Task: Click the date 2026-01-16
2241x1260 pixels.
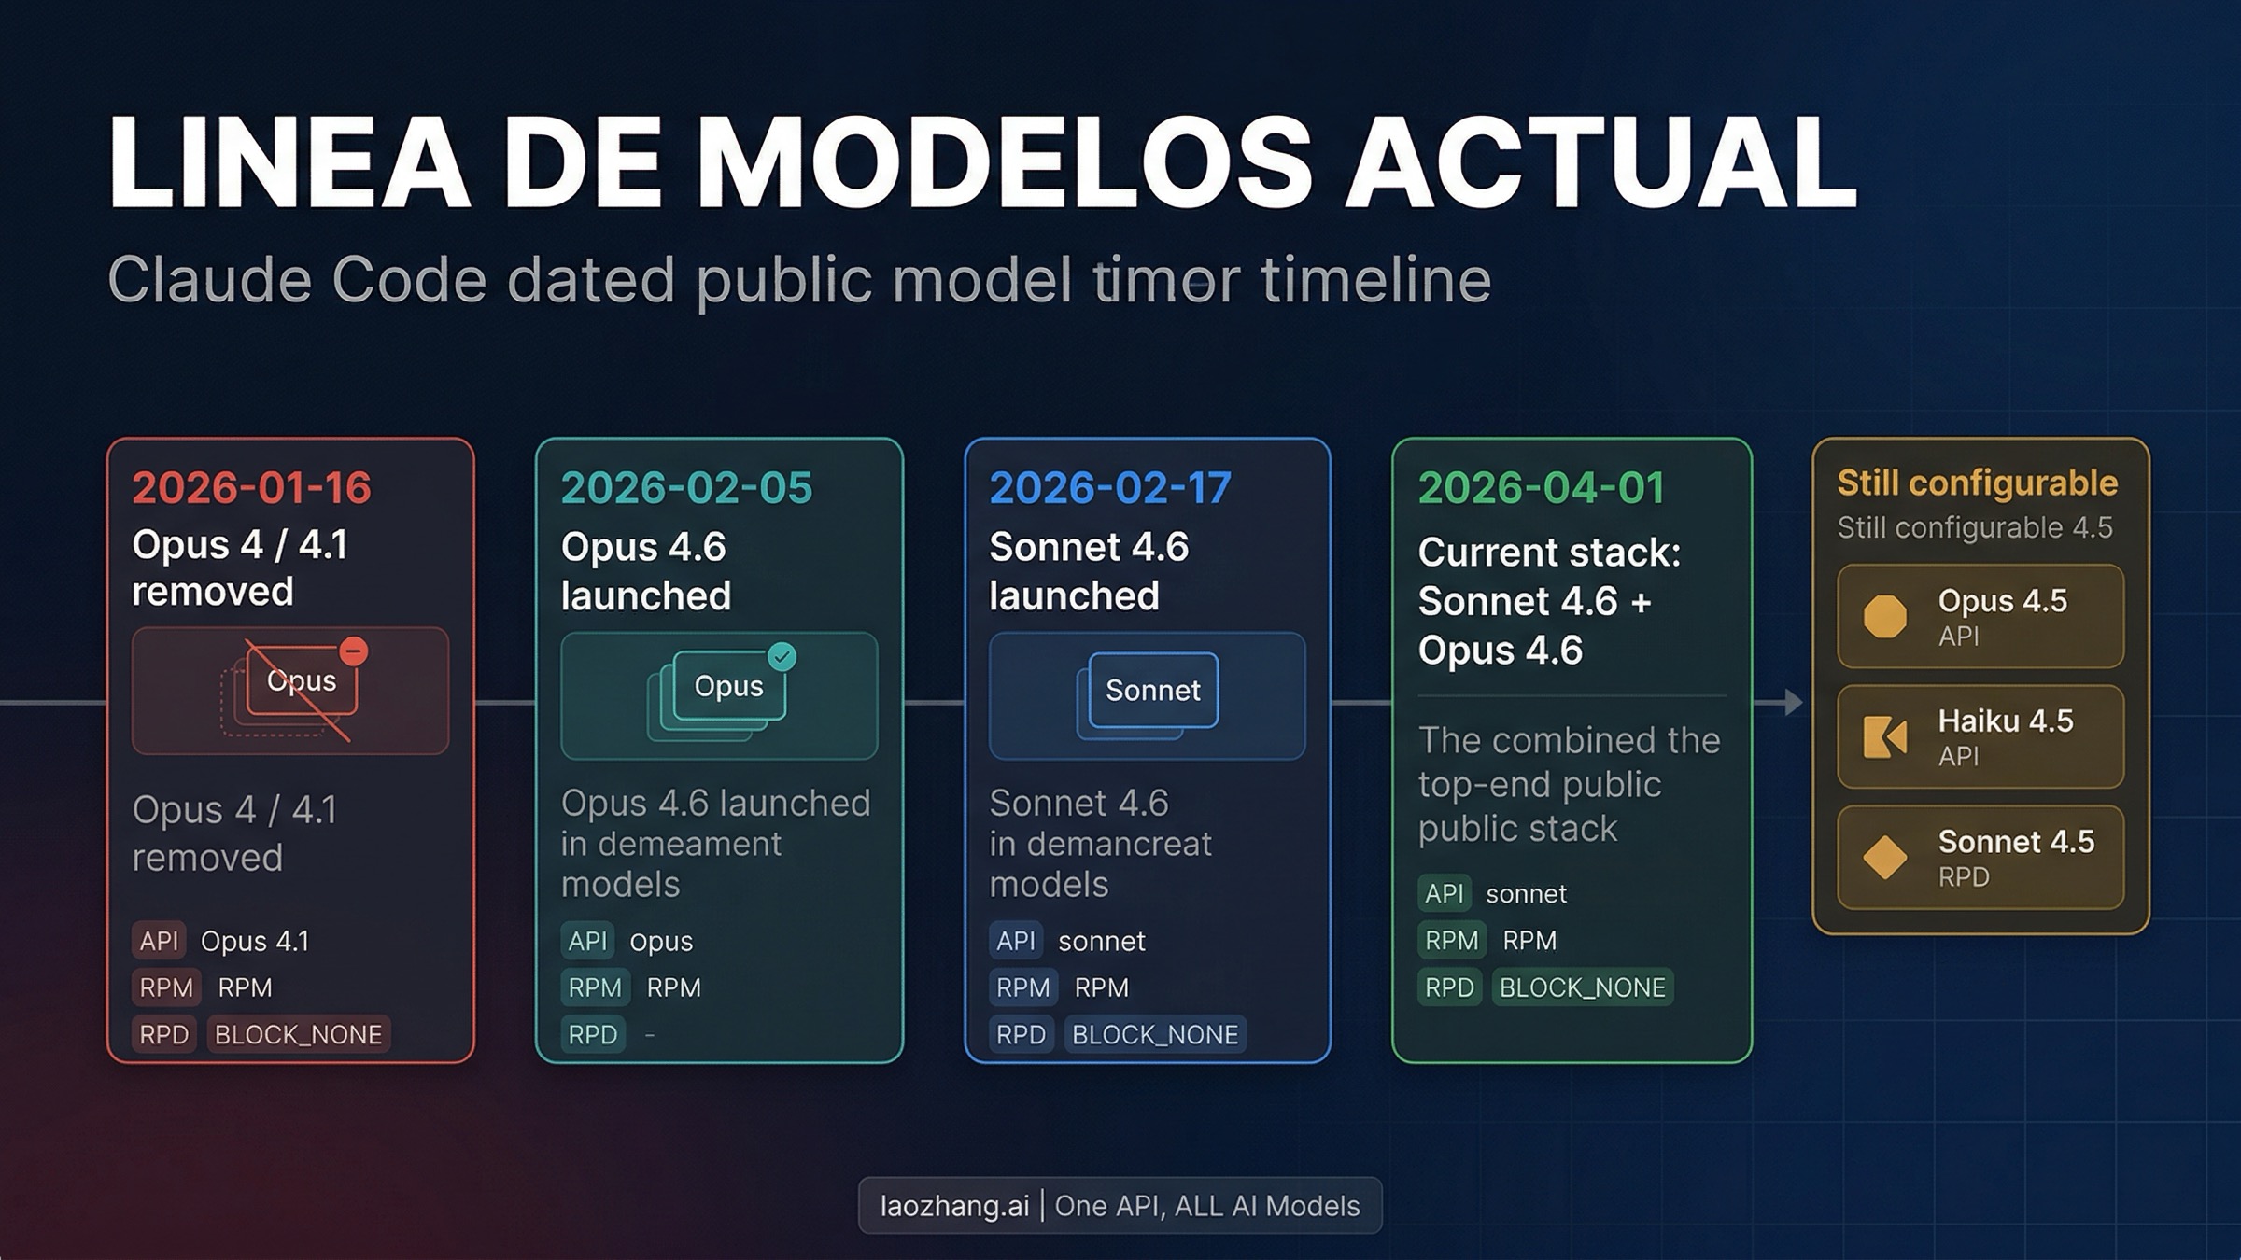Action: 252,487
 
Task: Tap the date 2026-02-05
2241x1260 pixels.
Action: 686,487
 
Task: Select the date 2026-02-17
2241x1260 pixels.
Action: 1110,487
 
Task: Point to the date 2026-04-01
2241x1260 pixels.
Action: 1542,487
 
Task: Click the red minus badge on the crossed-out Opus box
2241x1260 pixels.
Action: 353,651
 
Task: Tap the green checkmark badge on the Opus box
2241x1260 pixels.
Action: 782,657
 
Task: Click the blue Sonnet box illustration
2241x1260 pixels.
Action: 1152,691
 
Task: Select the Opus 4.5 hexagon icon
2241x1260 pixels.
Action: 1885,617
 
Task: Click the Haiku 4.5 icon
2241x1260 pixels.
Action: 1885,736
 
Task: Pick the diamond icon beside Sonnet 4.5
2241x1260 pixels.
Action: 1885,857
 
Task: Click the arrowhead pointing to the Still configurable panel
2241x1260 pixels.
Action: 1793,702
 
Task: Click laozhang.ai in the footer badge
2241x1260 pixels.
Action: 953,1206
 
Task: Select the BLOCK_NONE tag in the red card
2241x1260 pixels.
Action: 298,1034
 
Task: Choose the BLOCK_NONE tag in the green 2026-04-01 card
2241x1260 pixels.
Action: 1582,987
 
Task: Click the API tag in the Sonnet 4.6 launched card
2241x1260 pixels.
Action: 1015,941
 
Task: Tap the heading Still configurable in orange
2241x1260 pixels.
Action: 1977,483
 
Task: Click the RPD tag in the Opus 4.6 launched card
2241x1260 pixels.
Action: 593,1034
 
